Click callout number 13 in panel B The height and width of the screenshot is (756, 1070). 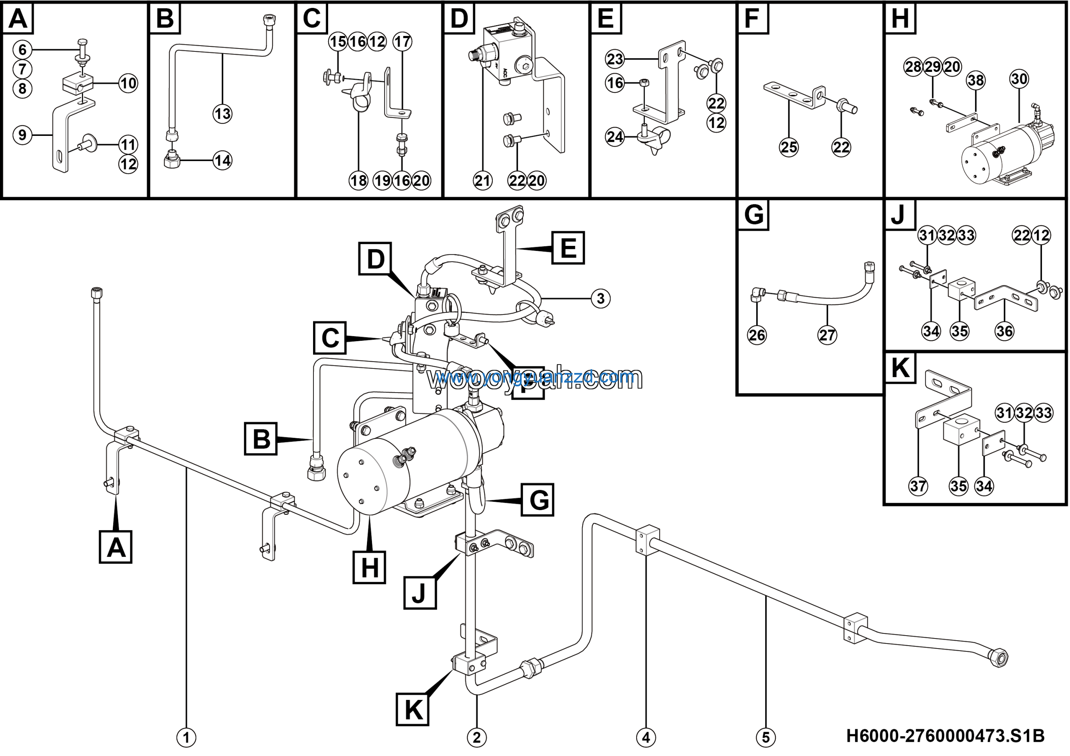point(222,113)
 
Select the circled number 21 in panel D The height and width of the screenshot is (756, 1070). point(482,180)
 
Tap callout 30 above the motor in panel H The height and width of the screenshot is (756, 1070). point(1019,79)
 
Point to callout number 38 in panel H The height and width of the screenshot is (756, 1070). point(976,80)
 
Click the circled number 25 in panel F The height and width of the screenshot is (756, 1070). point(789,147)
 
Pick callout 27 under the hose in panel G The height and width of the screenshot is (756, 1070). point(827,335)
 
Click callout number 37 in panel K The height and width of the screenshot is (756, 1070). point(918,486)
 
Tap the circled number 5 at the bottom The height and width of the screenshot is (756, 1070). point(766,737)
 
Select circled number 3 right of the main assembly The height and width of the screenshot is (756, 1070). point(600,298)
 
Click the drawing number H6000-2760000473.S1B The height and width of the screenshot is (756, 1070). point(945,736)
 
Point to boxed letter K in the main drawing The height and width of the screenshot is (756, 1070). point(413,709)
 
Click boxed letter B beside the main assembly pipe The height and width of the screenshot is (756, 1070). point(261,439)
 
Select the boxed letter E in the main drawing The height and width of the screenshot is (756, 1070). point(568,248)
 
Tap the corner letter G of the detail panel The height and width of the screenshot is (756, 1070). point(754,215)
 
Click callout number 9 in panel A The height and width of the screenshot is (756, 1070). point(23,135)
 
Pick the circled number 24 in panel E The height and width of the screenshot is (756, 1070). point(615,137)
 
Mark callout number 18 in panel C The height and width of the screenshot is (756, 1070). point(358,180)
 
